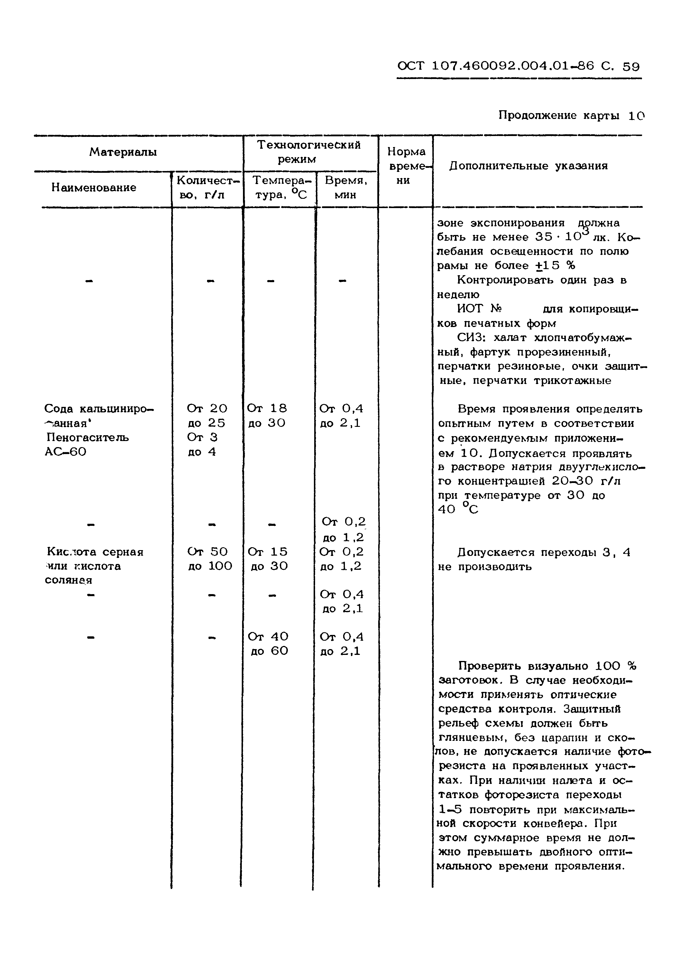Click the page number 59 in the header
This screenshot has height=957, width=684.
click(x=630, y=67)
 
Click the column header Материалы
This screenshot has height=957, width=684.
click(x=123, y=152)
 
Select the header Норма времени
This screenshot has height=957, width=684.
click(x=406, y=166)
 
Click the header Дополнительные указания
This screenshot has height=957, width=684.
click(x=528, y=166)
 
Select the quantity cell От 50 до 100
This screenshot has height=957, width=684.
click(x=209, y=559)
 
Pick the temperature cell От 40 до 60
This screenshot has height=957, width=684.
click(x=268, y=644)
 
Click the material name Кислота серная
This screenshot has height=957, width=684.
click(x=95, y=552)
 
